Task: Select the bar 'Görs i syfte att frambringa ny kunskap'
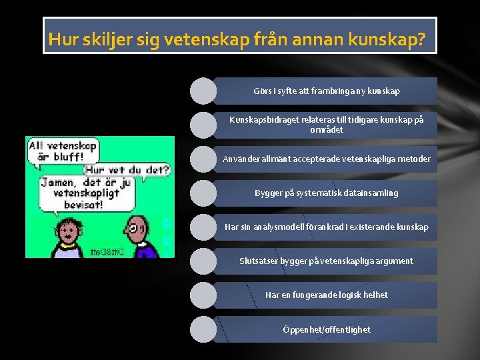click(327, 91)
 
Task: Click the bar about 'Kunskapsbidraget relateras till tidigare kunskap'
click(327, 125)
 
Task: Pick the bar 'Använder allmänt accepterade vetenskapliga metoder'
click(327, 159)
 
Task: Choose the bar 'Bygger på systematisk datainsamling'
click(327, 193)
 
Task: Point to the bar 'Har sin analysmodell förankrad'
click(327, 227)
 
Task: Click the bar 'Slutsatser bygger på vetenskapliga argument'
click(327, 261)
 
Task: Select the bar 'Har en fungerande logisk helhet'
click(327, 295)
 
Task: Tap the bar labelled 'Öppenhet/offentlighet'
click(327, 329)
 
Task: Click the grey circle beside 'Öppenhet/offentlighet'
click(203, 329)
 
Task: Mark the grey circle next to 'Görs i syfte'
click(203, 91)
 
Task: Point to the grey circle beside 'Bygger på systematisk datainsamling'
click(203, 193)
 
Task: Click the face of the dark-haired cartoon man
click(67, 233)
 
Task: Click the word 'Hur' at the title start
click(63, 40)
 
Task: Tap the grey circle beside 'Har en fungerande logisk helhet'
click(203, 295)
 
